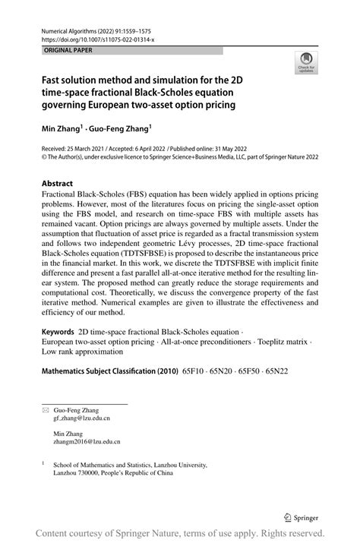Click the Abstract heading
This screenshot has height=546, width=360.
pos(58,183)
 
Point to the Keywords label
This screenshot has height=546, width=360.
pos(58,353)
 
